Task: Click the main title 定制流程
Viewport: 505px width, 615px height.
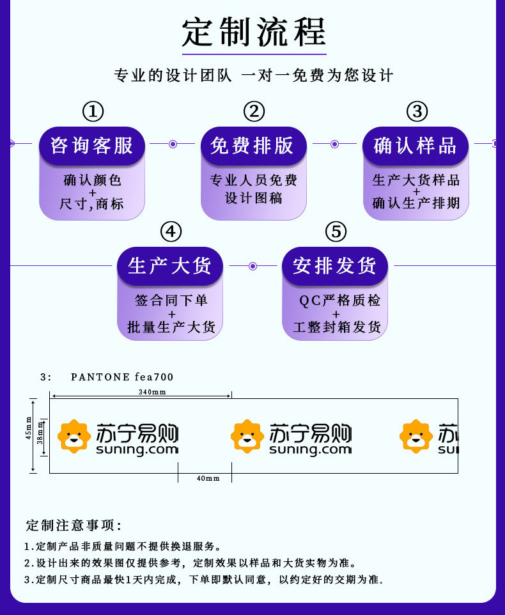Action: coord(254,32)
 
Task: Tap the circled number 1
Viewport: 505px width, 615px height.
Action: coord(93,111)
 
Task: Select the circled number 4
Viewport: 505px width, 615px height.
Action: coord(171,231)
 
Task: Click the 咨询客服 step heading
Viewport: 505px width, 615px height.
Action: coord(92,146)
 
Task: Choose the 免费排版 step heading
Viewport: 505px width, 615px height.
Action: coord(252,146)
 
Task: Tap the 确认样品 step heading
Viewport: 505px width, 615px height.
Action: coord(415,146)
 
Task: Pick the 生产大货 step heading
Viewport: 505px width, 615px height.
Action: coord(170,266)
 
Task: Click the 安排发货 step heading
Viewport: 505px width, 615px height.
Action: coord(334,266)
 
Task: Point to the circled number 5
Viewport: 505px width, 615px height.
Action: coord(336,231)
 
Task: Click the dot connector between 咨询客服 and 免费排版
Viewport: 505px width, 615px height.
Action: coord(173,144)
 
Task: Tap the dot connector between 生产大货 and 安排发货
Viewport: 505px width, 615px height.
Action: coord(253,267)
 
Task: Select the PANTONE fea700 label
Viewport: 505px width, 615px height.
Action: coord(122,377)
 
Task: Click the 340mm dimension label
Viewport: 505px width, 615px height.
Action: coord(152,392)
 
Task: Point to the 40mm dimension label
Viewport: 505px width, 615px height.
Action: coord(208,478)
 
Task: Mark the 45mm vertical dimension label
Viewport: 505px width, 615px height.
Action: coord(28,428)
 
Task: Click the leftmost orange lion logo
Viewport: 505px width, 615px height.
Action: coord(74,436)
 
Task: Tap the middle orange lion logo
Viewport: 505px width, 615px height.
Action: coord(247,436)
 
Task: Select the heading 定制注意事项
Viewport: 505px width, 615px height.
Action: coord(74,525)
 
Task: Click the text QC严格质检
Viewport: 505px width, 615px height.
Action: coord(339,300)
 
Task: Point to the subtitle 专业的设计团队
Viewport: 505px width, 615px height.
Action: coord(173,75)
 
